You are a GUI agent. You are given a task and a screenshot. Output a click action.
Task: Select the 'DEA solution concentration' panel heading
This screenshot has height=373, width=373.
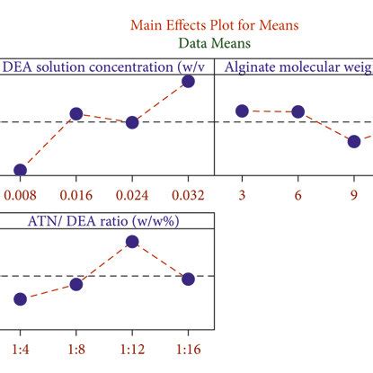click(x=107, y=66)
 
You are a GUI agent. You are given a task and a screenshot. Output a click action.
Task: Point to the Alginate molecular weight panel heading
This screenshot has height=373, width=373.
click(x=297, y=66)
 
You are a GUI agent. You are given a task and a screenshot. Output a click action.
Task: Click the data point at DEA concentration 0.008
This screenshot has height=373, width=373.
click(x=20, y=170)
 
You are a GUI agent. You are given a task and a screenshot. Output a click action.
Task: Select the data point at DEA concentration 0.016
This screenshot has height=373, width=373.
click(x=76, y=114)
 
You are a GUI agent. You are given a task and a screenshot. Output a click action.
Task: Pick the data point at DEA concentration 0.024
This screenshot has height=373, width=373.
click(x=132, y=122)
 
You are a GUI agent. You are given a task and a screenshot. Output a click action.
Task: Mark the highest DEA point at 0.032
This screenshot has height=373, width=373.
click(x=188, y=82)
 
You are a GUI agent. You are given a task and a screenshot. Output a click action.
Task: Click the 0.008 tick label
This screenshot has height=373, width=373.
click(x=20, y=195)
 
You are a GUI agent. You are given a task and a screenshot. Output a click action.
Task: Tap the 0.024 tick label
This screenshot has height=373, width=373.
click(x=132, y=195)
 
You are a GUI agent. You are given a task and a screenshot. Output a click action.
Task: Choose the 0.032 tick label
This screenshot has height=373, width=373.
click(x=188, y=195)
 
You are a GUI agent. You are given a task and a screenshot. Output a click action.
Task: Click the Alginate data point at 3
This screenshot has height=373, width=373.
click(x=242, y=111)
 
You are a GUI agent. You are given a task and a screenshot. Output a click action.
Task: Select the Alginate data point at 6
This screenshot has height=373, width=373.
click(x=298, y=111)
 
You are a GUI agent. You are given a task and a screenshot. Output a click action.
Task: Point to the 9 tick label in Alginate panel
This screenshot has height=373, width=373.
click(x=354, y=195)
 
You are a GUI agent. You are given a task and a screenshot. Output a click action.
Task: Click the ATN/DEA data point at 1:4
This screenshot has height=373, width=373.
click(x=20, y=298)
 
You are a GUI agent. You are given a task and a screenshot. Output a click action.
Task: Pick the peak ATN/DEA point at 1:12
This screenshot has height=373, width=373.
click(x=132, y=241)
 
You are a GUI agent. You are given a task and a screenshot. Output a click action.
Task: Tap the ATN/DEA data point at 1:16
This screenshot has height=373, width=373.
click(x=188, y=280)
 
